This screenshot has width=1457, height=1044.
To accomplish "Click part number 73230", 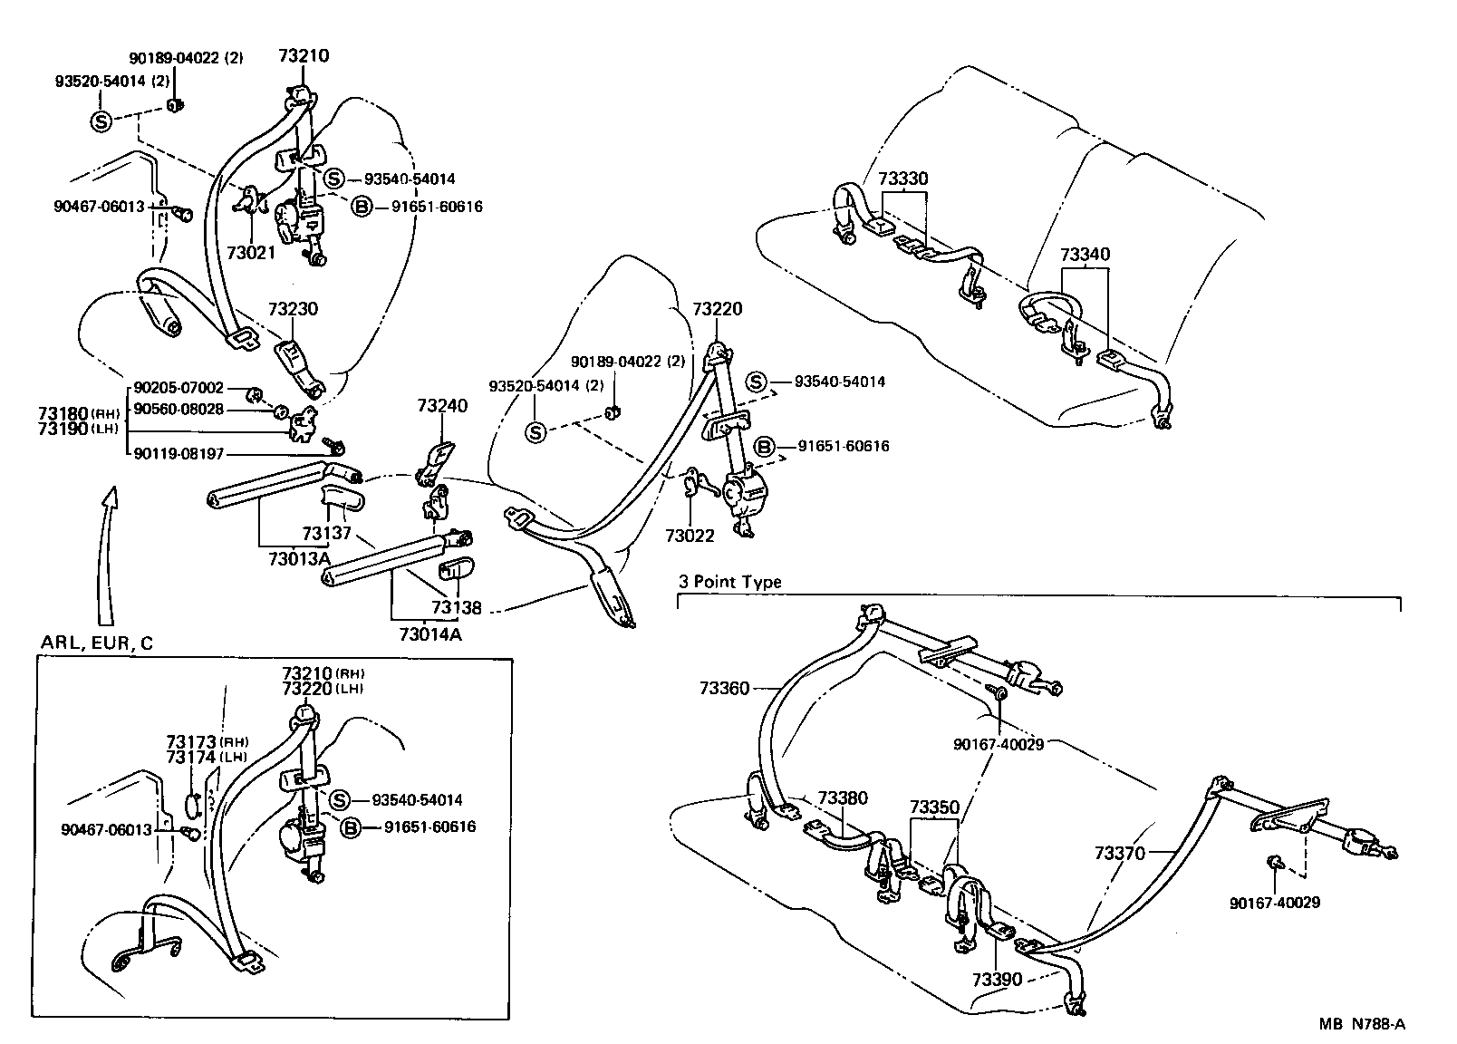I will (292, 308).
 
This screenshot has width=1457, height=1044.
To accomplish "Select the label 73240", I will (442, 405).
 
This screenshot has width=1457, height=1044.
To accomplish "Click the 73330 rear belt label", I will (903, 179).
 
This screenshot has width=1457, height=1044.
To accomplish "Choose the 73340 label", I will (1085, 255).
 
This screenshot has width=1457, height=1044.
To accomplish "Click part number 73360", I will (724, 689).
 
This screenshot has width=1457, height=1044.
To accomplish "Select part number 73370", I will (1119, 853).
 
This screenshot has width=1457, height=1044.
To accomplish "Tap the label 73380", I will (842, 798).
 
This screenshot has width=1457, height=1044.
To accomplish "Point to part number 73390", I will (997, 980).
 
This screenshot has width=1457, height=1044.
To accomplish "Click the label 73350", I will (934, 807).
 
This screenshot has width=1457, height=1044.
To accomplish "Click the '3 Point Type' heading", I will (729, 582).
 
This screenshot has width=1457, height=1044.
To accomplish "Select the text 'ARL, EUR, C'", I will (97, 643).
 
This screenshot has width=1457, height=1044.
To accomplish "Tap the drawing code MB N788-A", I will (1362, 1024).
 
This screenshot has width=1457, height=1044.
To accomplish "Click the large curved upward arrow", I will (107, 544).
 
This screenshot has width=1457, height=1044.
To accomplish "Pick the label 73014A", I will (429, 633).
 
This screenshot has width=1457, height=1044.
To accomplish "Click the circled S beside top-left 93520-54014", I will (101, 121).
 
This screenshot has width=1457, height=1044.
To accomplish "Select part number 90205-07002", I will (179, 388).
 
